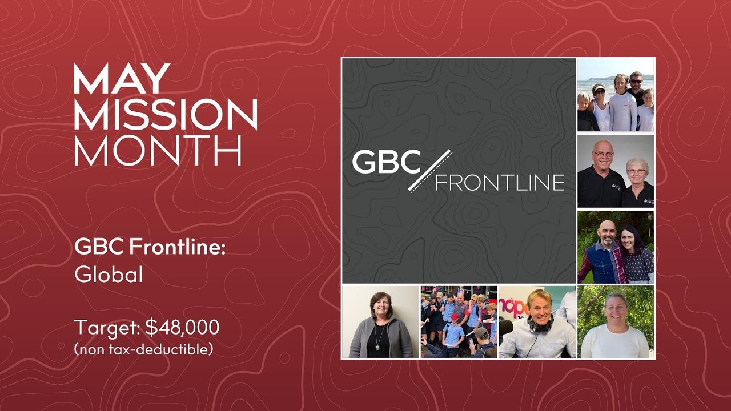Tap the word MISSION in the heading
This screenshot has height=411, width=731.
coord(165,114)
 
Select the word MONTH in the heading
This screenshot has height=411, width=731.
coord(158,150)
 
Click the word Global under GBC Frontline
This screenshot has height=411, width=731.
coord(109,275)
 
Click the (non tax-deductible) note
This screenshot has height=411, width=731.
coord(143,349)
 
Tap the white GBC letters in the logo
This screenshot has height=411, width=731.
coord(386,162)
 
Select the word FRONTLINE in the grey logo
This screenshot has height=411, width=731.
coord(500,182)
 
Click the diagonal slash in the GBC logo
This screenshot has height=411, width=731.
coord(429,170)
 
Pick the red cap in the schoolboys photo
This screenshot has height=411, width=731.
coord(455,316)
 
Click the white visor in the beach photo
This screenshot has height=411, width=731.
coord(599,88)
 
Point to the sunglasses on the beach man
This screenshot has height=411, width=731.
coord(636,81)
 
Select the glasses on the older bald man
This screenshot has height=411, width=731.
coord(603,154)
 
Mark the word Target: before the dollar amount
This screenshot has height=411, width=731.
coord(107,327)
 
